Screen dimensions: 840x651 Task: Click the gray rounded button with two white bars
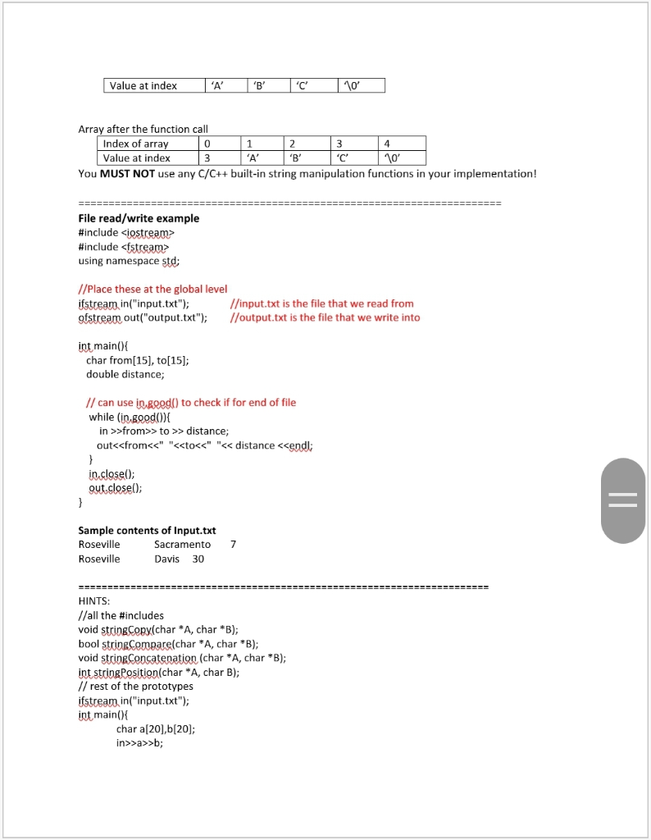click(x=622, y=500)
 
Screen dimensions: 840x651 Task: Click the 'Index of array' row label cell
click(x=136, y=144)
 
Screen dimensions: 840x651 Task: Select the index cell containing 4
click(x=402, y=144)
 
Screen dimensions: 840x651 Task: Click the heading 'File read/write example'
click(x=139, y=218)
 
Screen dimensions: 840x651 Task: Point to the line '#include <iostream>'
click(x=126, y=232)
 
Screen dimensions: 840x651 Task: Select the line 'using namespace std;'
click(x=129, y=261)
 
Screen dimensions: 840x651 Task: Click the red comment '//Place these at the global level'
click(x=153, y=289)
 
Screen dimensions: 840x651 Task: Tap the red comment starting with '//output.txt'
click(x=325, y=317)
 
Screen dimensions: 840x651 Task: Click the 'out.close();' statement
click(x=115, y=487)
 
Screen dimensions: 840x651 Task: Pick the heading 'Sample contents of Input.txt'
click(x=147, y=530)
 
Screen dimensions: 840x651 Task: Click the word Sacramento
click(x=182, y=545)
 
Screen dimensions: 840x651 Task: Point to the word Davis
click(x=167, y=559)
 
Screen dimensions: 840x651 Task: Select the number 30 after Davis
click(x=198, y=559)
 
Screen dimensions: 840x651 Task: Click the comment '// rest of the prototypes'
click(x=135, y=686)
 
